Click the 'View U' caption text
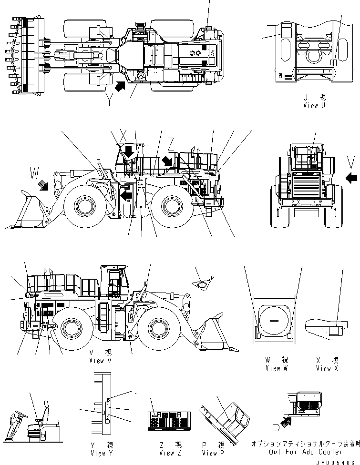click(314, 105)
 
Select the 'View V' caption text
click(100, 361)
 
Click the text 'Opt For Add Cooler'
click(305, 452)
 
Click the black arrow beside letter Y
click(121, 87)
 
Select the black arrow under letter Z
click(166, 162)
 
